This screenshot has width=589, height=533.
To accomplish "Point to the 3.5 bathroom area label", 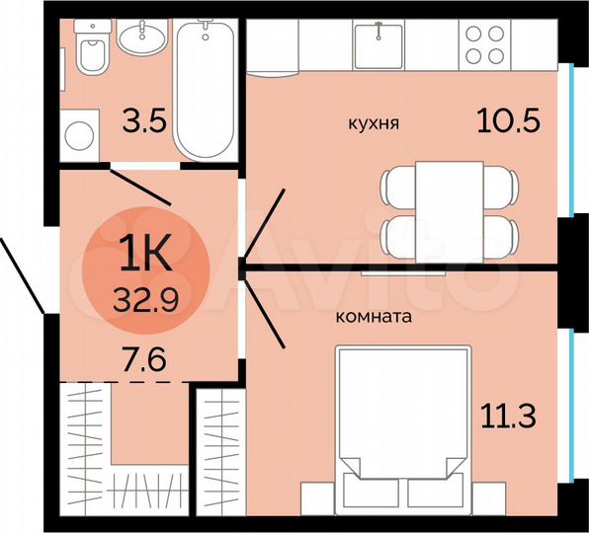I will pyautogui.click(x=141, y=124).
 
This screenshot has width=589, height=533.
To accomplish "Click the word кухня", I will pyautogui.click(x=374, y=123).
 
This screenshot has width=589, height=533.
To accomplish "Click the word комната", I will pyautogui.click(x=375, y=318).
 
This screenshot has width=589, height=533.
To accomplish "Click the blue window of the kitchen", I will pyautogui.click(x=572, y=137).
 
